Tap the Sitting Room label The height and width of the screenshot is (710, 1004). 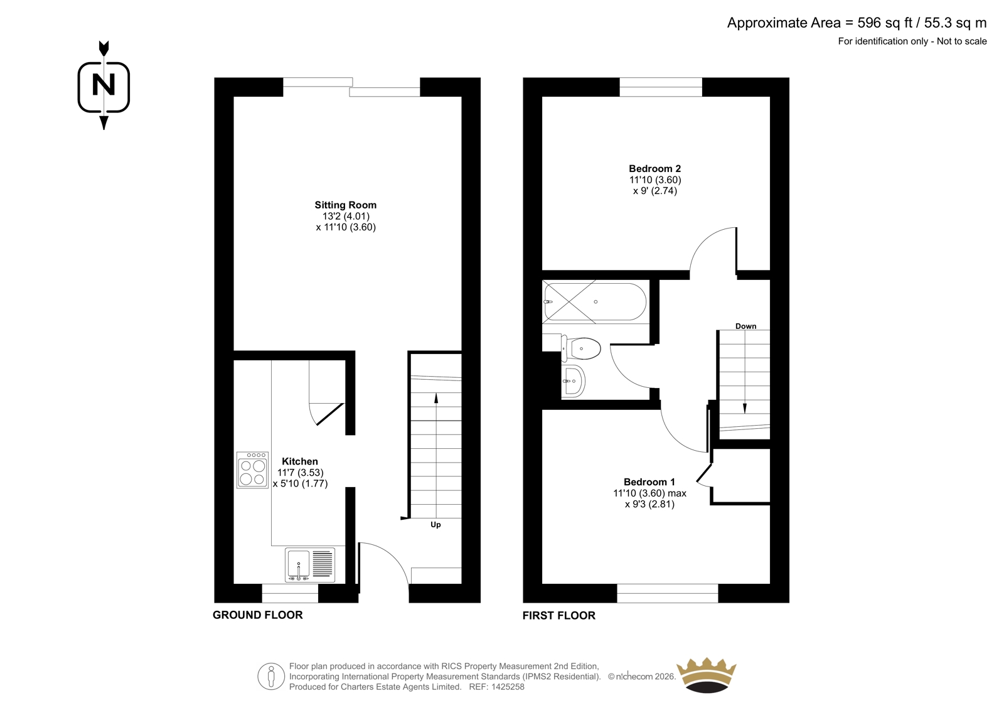click(346, 205)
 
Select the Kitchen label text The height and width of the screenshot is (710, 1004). click(300, 461)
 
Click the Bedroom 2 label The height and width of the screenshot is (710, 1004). click(655, 169)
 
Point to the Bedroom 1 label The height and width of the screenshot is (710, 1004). click(649, 482)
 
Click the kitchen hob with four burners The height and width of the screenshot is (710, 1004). click(252, 470)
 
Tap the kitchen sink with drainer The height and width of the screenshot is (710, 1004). click(310, 565)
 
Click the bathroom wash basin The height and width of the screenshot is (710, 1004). click(574, 381)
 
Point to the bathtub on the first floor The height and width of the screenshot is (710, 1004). click(595, 301)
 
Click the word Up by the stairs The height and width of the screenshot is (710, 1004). click(435, 525)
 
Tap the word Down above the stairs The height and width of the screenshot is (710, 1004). click(746, 326)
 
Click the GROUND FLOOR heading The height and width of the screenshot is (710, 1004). click(258, 615)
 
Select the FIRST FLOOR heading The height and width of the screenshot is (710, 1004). click(559, 615)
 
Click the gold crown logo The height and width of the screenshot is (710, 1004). click(707, 675)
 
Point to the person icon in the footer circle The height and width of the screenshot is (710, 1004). click(270, 676)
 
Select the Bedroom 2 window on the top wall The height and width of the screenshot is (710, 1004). click(661, 87)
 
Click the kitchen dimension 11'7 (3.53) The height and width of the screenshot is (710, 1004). click(301, 472)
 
